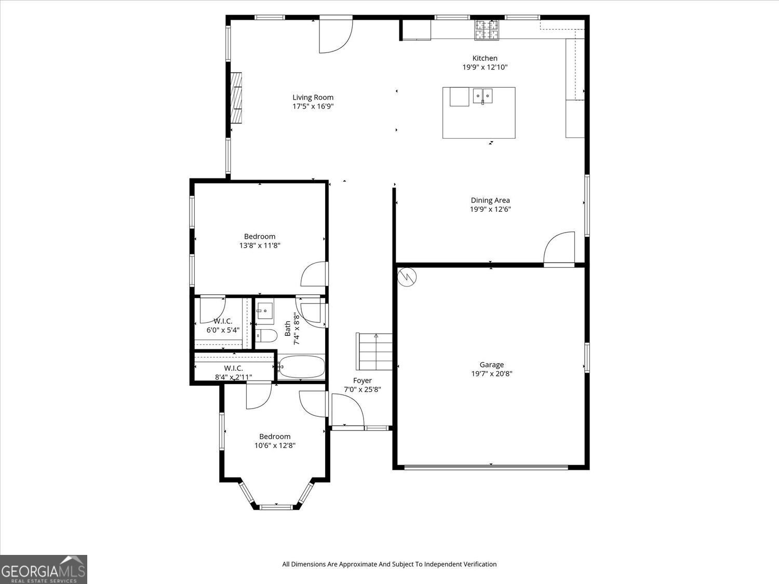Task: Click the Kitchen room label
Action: pyautogui.click(x=485, y=58)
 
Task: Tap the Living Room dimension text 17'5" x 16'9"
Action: pyautogui.click(x=313, y=106)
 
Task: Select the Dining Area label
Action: pyautogui.click(x=490, y=200)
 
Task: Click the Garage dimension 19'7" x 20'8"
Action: pyautogui.click(x=491, y=374)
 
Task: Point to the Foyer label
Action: pyautogui.click(x=362, y=381)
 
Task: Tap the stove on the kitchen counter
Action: pyautogui.click(x=487, y=30)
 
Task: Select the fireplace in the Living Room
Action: pyautogui.click(x=237, y=98)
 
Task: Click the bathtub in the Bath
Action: pyautogui.click(x=302, y=367)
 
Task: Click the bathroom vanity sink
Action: pyautogui.click(x=265, y=310)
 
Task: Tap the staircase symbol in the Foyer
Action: pyautogui.click(x=374, y=351)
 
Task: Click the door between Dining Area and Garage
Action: pyautogui.click(x=560, y=249)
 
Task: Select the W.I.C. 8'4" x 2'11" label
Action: pyautogui.click(x=233, y=373)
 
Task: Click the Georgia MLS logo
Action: pyautogui.click(x=43, y=569)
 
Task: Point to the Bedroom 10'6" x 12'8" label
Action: pyautogui.click(x=275, y=441)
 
